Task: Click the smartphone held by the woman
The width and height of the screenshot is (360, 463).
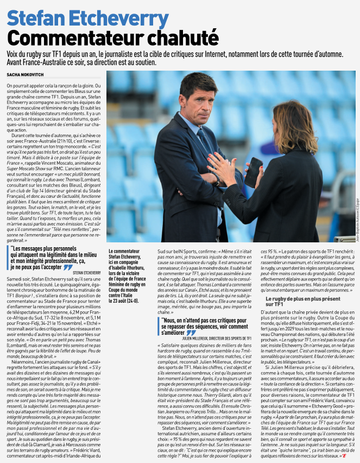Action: (252, 172)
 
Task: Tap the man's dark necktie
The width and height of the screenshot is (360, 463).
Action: (205, 141)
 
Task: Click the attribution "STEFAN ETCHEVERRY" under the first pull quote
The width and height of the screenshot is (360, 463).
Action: (86, 272)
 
